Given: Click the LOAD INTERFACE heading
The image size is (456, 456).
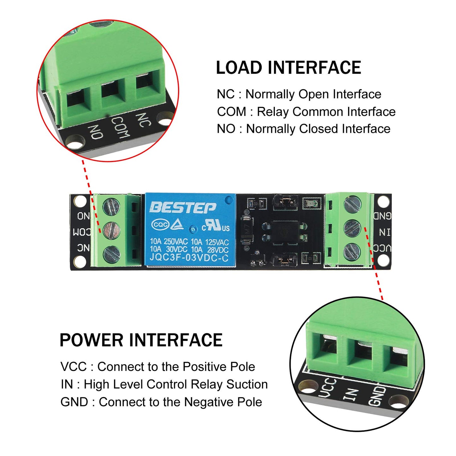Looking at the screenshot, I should (288, 68).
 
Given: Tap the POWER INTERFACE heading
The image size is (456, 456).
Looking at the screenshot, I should (141, 340).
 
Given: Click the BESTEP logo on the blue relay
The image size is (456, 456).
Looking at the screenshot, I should (183, 208).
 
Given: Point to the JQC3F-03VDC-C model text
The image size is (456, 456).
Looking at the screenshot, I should (189, 258).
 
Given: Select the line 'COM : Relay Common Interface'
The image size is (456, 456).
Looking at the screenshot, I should (306, 112).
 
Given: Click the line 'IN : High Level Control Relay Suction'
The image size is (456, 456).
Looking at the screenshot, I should (164, 384).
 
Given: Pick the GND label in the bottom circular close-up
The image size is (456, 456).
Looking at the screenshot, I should (377, 396).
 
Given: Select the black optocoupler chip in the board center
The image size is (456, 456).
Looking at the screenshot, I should (284, 232).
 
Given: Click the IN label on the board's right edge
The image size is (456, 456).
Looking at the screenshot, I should (384, 233).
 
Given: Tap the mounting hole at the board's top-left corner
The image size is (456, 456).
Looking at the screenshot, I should (80, 201).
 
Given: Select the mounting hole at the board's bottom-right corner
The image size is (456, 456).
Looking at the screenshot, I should (383, 260).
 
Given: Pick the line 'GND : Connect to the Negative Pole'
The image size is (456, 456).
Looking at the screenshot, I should (161, 402).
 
